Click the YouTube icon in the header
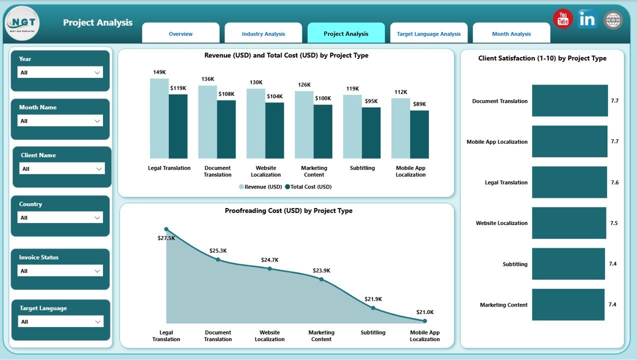point(563,19)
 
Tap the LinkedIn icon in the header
point(587,19)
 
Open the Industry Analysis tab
point(263,34)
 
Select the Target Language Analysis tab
point(428,34)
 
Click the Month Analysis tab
point(511,34)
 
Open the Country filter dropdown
point(60,217)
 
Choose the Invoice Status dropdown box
point(60,271)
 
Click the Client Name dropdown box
point(62,169)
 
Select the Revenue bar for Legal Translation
point(159,118)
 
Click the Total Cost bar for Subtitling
point(371,133)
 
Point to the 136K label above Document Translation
point(207,79)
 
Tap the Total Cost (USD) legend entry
point(308,187)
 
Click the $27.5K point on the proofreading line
point(166,229)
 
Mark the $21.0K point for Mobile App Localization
point(424,321)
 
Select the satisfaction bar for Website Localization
point(568,223)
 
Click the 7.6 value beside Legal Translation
point(614,182)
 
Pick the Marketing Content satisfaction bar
point(568,304)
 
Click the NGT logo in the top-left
point(22,23)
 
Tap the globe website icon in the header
point(613,20)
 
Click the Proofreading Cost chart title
point(288,211)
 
